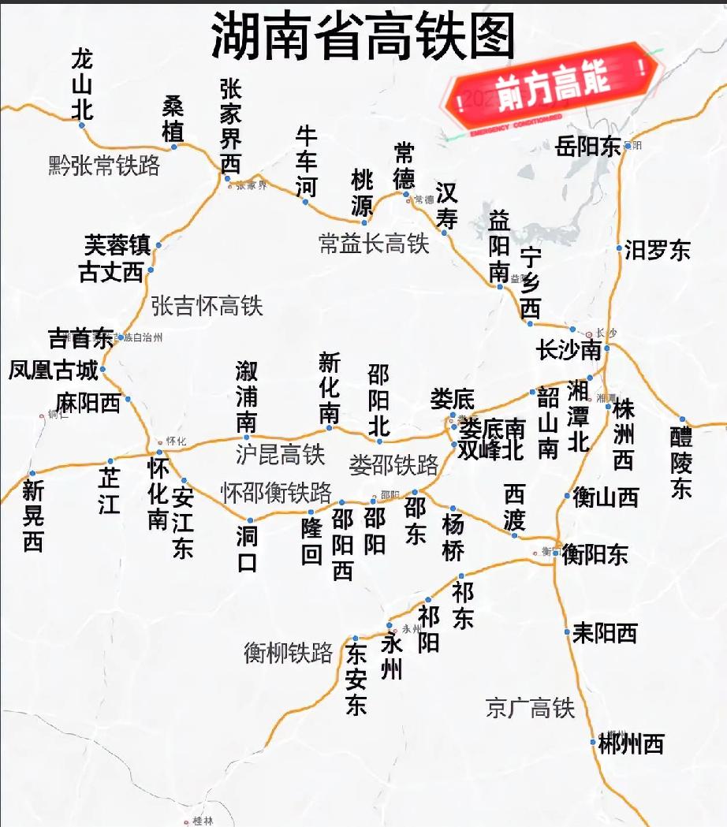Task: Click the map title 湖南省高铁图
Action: click(x=363, y=37)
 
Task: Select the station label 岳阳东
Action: click(x=587, y=147)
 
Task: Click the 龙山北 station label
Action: click(x=82, y=84)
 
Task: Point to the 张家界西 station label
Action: click(x=230, y=126)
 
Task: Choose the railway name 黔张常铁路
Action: click(x=104, y=166)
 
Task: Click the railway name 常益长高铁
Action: click(x=374, y=244)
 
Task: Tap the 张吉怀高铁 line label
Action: click(x=207, y=306)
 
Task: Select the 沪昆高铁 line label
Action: click(x=280, y=454)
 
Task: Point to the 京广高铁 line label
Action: click(x=530, y=708)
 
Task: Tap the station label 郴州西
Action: click(x=631, y=743)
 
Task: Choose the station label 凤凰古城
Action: click(x=54, y=370)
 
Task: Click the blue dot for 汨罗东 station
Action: click(x=619, y=248)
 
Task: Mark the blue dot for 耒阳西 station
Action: click(x=567, y=631)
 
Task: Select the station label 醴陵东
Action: click(x=680, y=462)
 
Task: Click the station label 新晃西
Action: click(x=32, y=516)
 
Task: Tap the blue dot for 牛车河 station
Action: click(x=305, y=202)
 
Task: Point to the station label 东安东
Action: click(x=356, y=679)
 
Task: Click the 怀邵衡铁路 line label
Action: click(x=276, y=493)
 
